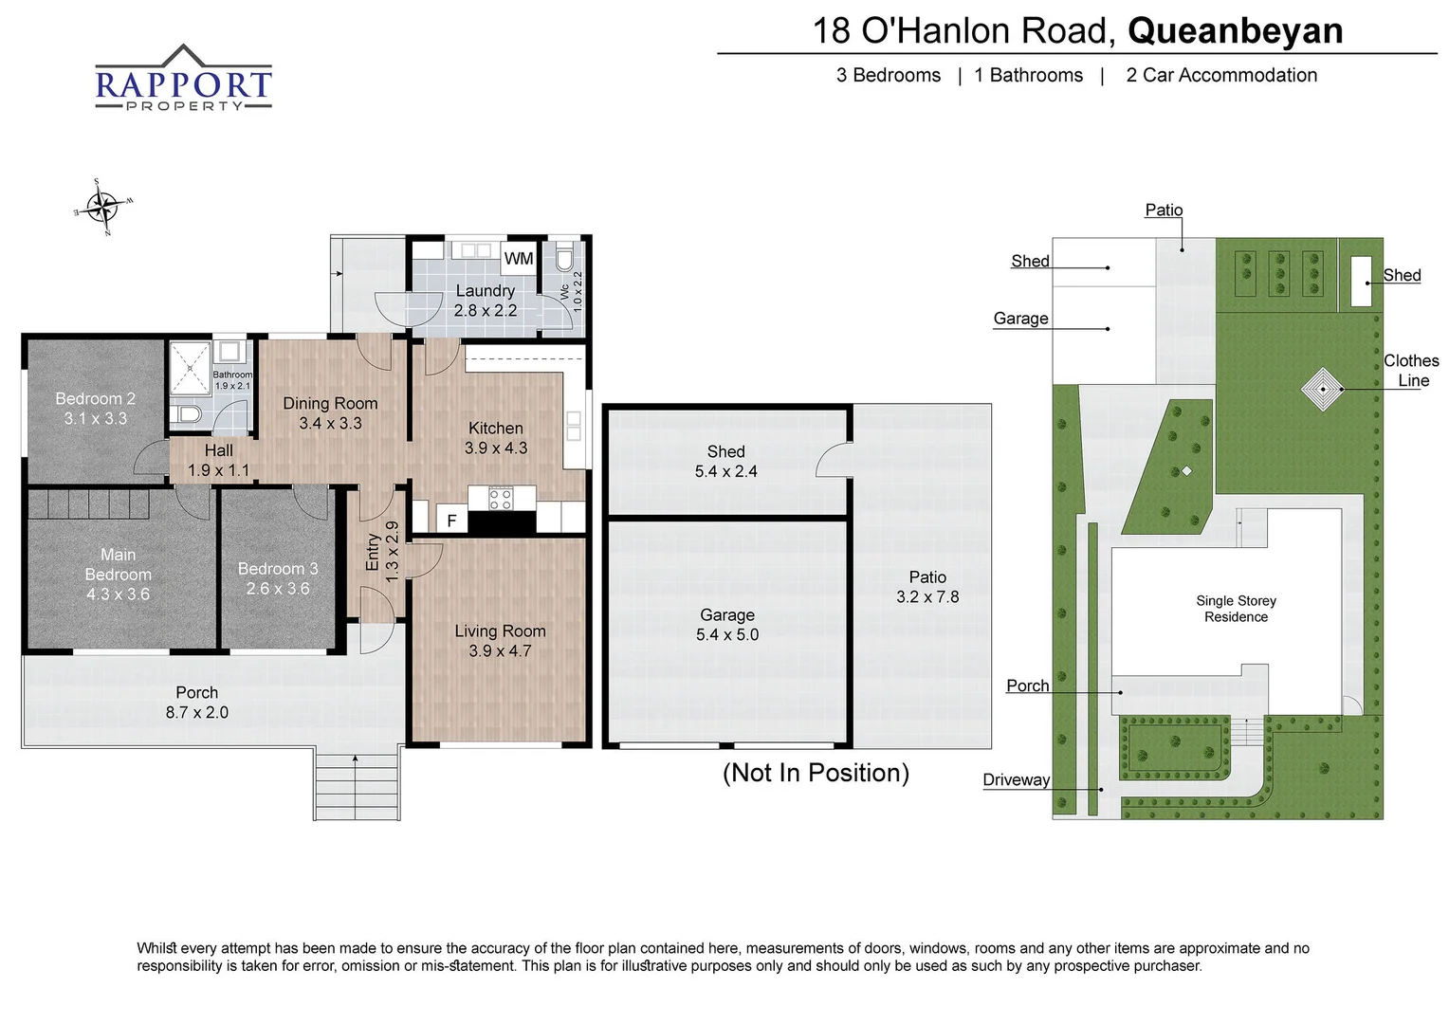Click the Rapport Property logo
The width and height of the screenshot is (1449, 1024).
(x=183, y=80)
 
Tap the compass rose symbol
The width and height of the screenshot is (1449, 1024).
(x=101, y=206)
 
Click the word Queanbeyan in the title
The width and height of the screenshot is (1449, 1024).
(x=1235, y=30)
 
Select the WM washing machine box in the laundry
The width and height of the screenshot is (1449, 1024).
(x=518, y=259)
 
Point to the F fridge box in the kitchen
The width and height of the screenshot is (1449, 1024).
(x=451, y=521)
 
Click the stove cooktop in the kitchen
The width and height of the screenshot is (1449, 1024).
(x=501, y=498)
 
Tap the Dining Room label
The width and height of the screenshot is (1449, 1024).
(x=330, y=404)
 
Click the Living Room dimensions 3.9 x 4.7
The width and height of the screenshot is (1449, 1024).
(x=500, y=651)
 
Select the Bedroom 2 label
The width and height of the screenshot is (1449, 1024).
(x=95, y=399)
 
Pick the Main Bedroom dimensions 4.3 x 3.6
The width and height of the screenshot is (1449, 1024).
(x=118, y=594)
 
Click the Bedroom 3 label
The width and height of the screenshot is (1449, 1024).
(x=278, y=569)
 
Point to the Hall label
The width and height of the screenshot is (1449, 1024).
(x=218, y=451)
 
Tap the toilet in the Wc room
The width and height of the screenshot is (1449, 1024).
(x=564, y=260)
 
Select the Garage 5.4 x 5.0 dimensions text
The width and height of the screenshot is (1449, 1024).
(x=727, y=635)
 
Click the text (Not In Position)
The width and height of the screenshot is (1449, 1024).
(x=816, y=773)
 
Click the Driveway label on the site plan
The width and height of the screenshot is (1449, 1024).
(x=1016, y=780)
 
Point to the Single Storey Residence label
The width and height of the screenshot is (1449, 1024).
(x=1236, y=609)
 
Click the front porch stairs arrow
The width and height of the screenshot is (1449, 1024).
(x=356, y=759)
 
